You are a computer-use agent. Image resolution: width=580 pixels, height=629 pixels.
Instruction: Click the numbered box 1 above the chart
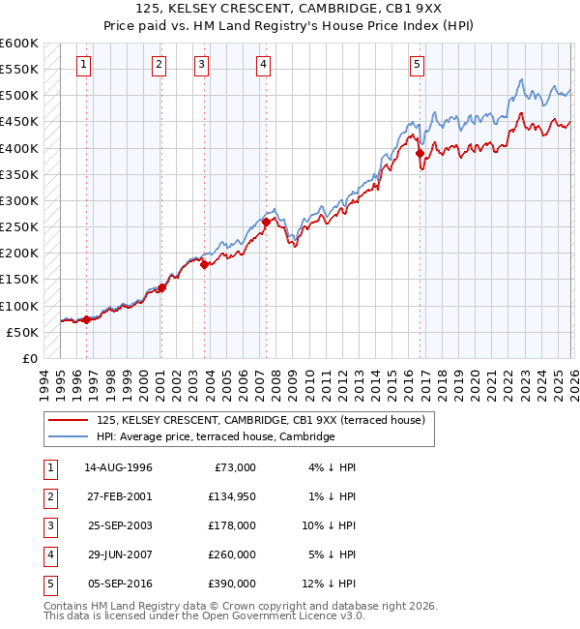pyautogui.click(x=84, y=65)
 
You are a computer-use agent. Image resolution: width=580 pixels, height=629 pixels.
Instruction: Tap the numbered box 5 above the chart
pyautogui.click(x=417, y=65)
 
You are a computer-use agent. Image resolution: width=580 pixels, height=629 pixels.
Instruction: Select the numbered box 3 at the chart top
pyautogui.click(x=201, y=65)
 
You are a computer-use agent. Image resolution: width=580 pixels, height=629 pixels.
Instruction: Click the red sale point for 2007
pyautogui.click(x=266, y=223)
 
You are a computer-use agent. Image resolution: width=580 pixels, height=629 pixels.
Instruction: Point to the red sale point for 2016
pyautogui.click(x=420, y=153)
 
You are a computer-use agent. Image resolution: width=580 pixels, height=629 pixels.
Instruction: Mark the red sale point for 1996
pyautogui.click(x=87, y=319)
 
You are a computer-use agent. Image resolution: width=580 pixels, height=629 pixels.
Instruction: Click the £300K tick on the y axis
pyautogui.click(x=19, y=200)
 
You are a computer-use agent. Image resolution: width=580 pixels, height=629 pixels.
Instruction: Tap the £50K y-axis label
pyautogui.click(x=22, y=332)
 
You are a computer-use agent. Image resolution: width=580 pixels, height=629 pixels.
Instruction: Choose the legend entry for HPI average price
pyautogui.click(x=215, y=437)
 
